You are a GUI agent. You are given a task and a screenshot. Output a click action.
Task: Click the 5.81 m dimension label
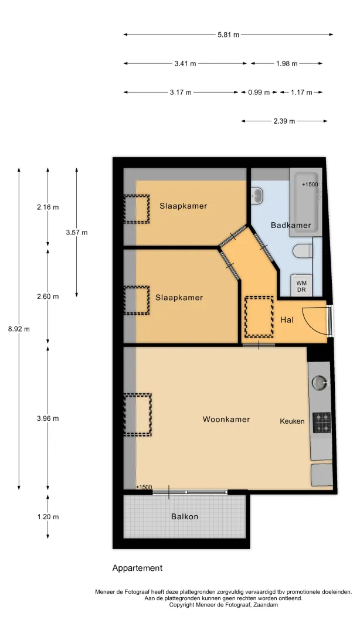click(x=228, y=35)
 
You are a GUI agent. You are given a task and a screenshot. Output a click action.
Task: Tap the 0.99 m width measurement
click(x=259, y=92)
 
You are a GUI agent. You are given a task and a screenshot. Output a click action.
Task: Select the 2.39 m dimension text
click(x=284, y=121)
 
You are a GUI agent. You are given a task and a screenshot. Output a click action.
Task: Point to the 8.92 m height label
click(x=19, y=329)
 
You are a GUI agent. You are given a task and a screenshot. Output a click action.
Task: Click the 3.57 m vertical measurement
click(x=77, y=233)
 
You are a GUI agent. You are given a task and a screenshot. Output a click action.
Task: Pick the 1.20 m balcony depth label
click(x=47, y=517)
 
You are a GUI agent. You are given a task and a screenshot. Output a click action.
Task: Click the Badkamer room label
click(x=291, y=225)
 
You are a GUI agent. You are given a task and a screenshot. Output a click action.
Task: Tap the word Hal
click(x=287, y=320)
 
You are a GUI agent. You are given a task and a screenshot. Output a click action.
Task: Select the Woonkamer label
click(x=226, y=419)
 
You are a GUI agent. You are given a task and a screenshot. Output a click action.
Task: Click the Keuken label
click(x=292, y=421)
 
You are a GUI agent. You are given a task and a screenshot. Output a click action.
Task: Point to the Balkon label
click(x=185, y=516)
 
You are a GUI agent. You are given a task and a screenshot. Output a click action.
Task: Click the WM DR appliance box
click(x=301, y=286)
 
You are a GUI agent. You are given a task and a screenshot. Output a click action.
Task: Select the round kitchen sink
click(x=320, y=383)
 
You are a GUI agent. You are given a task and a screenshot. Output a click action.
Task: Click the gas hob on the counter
click(x=322, y=423)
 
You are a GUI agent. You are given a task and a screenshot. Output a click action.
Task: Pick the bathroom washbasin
click(x=257, y=195)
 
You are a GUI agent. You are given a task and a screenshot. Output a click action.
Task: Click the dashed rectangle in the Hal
click(x=259, y=316)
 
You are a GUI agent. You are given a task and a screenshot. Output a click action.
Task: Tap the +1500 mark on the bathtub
click(x=310, y=185)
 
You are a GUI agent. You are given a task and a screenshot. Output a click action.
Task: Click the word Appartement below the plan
click(x=138, y=568)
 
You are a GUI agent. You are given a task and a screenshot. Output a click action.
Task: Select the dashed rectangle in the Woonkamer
click(x=138, y=415)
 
